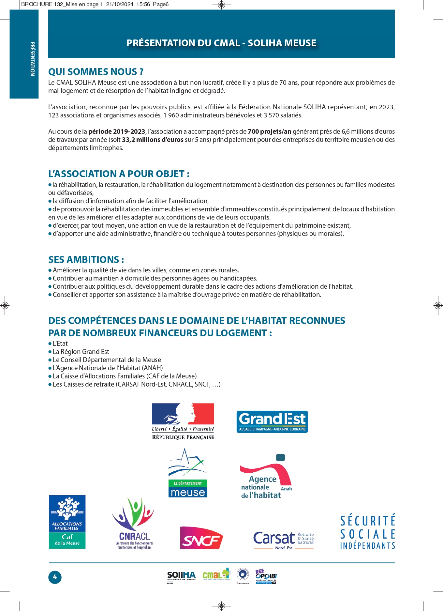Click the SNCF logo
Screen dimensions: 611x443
point(201,538)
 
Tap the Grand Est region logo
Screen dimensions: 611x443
point(272,422)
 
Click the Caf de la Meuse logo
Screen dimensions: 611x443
point(67,522)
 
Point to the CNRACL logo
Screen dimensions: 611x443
point(134,523)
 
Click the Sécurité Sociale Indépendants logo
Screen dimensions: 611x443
point(367,532)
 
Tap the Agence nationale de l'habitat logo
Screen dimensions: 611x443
point(266,477)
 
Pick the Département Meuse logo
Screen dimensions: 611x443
point(188,473)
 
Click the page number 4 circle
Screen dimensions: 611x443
point(55,577)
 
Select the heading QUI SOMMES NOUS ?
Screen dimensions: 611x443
point(96,72)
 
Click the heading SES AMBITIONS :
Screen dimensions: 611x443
point(86,260)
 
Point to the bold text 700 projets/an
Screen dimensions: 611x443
point(269,131)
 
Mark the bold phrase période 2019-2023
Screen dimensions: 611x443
point(116,131)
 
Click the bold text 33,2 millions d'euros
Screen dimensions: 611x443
point(153,140)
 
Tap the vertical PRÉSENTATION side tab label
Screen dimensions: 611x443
point(32,59)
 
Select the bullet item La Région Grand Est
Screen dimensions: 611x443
point(81,352)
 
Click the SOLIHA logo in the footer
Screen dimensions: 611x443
point(181,576)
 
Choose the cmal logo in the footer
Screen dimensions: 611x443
point(216,574)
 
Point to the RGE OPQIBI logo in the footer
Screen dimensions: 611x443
point(266,576)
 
